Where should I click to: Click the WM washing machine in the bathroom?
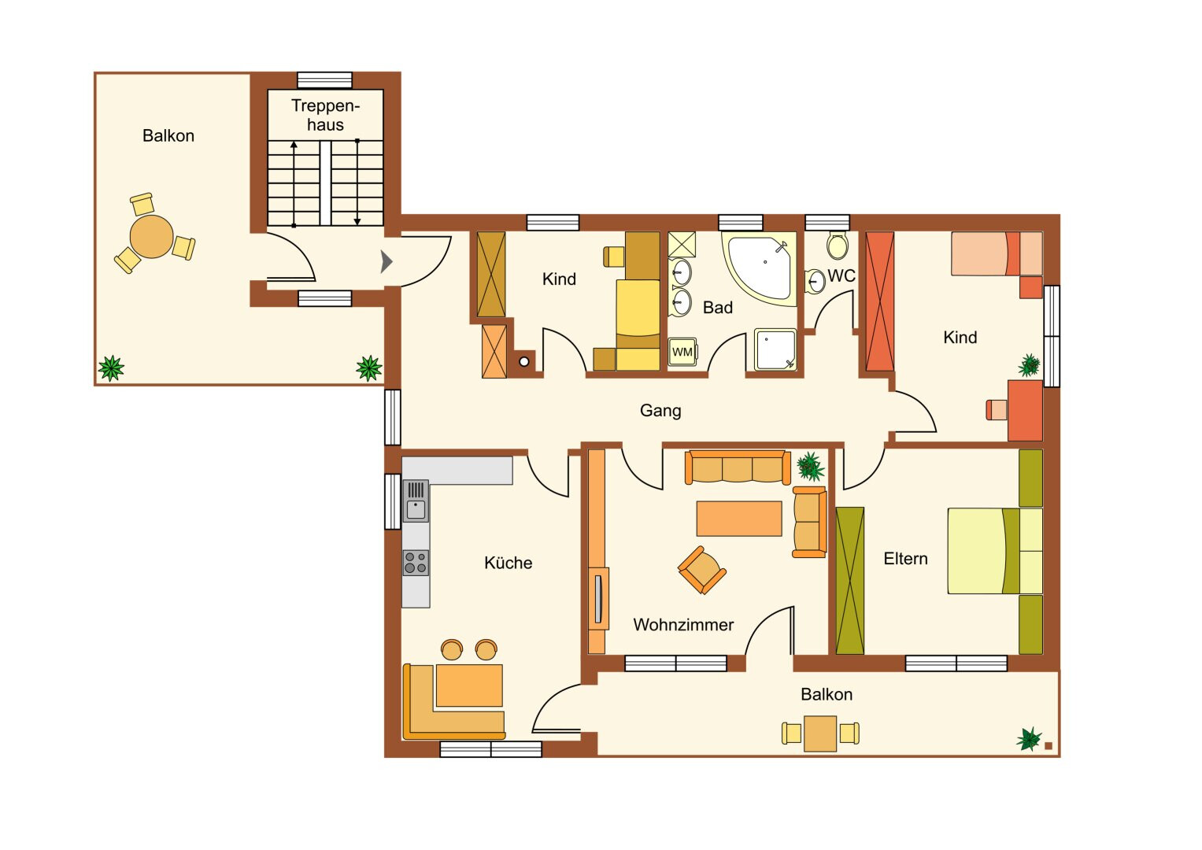tap(682, 352)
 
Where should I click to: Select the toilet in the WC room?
tap(838, 246)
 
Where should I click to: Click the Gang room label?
tap(660, 411)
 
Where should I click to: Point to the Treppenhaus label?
tap(325, 115)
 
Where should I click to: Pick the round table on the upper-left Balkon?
tap(151, 236)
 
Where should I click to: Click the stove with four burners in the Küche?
tap(416, 563)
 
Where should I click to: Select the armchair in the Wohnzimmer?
tap(702, 570)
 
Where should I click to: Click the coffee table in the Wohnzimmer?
tap(739, 519)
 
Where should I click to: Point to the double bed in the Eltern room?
tap(995, 551)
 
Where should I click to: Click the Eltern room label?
tap(905, 559)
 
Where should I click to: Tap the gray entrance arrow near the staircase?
tap(386, 262)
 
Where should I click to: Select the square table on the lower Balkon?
tap(820, 733)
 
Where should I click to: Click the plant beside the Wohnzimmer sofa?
tap(810, 466)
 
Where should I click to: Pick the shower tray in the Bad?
tap(775, 349)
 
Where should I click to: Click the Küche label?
tap(509, 563)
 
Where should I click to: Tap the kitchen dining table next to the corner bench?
tap(469, 686)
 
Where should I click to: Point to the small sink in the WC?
tap(815, 281)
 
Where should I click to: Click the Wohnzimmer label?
tap(683, 625)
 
